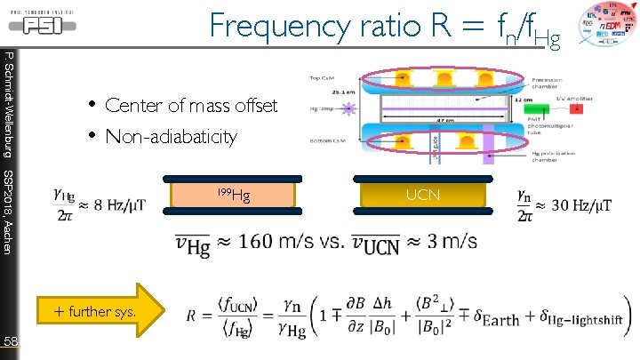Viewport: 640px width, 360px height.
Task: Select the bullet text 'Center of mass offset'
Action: coord(191,106)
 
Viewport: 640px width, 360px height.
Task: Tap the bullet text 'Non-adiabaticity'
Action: coord(171,137)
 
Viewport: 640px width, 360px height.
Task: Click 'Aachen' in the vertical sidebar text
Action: coord(7,236)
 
